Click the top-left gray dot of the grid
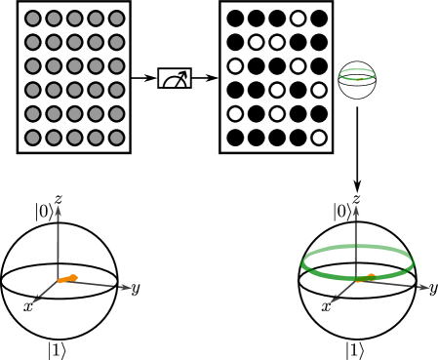tap(33, 19)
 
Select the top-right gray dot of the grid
tap(117, 19)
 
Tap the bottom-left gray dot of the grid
tap(33, 138)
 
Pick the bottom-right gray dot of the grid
tap(117, 138)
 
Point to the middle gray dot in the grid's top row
tap(75, 19)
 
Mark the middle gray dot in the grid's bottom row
tap(75, 138)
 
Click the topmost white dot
tap(298, 19)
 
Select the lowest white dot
tap(319, 138)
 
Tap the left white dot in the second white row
tap(256, 42)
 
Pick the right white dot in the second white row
tap(277, 42)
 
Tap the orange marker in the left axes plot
tap(67, 279)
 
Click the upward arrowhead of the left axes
tap(59, 210)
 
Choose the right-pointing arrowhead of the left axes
tap(127, 288)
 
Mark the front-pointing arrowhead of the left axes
tap(37, 300)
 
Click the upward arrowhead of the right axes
tap(356, 210)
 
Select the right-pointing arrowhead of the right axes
tap(424, 288)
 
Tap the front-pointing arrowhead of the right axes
tap(335, 300)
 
